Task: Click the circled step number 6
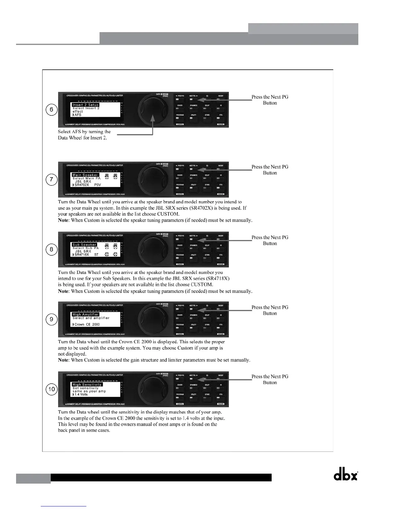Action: pos(51,110)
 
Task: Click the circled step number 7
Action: pos(51,180)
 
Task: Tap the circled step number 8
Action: pos(51,250)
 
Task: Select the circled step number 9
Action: pos(51,319)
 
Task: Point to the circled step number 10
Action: pos(51,389)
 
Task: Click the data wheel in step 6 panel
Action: pos(153,110)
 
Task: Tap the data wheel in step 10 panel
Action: pos(153,389)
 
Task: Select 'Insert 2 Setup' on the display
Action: pos(85,105)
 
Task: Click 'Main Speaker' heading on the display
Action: pos(85,175)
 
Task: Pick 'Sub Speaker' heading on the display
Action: pos(84,245)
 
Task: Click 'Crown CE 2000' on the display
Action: pos(87,325)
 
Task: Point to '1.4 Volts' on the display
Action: pos(81,394)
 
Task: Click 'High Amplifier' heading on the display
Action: pos(85,315)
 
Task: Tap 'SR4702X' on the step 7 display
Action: pos(82,185)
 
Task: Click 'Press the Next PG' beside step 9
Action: pos(270,307)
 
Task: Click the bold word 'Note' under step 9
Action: pos(63,360)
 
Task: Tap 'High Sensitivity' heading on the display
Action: pos(87,384)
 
